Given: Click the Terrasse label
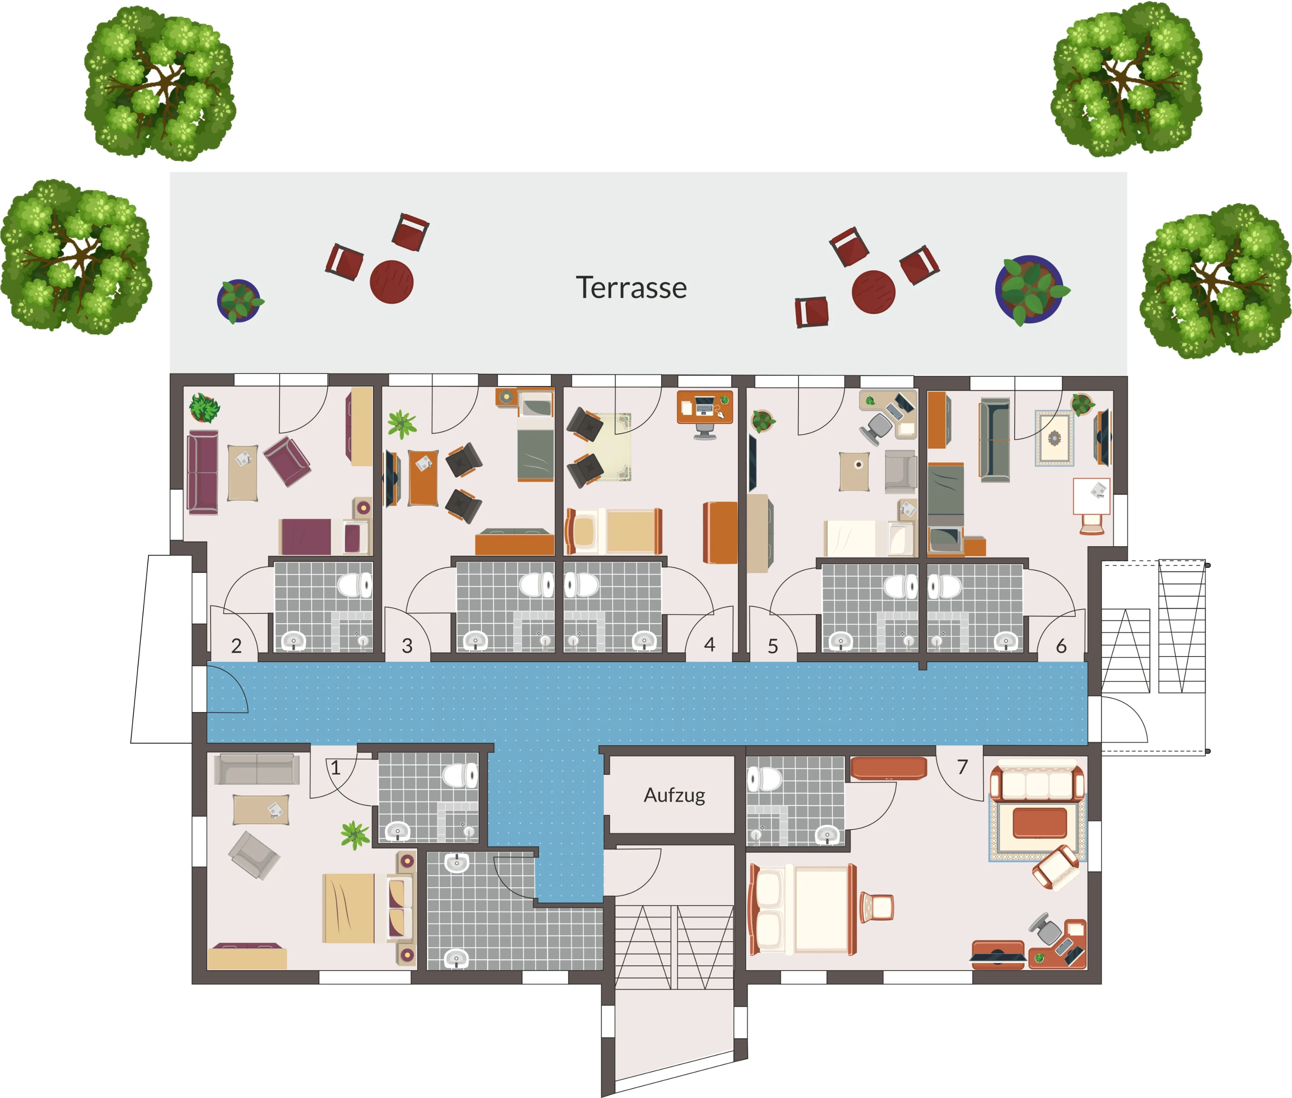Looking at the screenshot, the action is (631, 288).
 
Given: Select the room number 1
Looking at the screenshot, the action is (335, 768).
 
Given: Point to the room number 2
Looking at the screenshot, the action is (236, 645).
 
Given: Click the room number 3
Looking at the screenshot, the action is (407, 645).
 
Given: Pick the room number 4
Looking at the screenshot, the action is (709, 644).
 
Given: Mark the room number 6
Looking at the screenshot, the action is (1061, 645).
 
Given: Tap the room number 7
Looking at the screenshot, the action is (962, 767).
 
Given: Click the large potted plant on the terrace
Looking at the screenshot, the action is (1030, 290).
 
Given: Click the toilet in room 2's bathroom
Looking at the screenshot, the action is (355, 585).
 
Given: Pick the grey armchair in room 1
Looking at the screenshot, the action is (254, 855).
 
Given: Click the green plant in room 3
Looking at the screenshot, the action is (402, 424).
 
